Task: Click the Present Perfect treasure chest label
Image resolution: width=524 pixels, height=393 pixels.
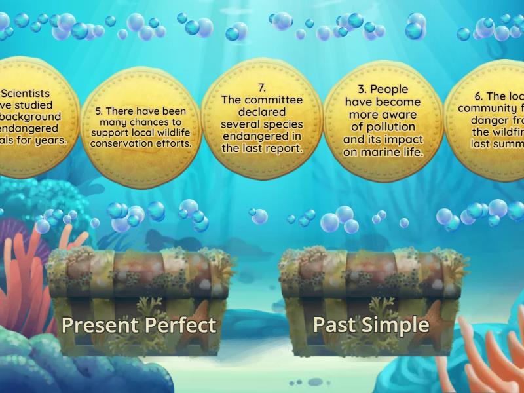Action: click(139, 325)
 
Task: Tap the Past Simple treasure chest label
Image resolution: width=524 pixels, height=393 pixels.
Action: click(371, 324)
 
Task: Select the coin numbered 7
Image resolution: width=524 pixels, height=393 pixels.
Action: click(262, 118)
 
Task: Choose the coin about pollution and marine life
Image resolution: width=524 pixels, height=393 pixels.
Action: click(383, 121)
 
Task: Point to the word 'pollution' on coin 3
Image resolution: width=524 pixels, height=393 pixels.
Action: click(383, 127)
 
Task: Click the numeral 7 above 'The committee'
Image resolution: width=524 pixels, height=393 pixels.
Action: click(261, 87)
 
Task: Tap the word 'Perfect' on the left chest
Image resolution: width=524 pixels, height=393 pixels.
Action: click(181, 325)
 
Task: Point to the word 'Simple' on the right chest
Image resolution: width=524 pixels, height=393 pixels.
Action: click(403, 324)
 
